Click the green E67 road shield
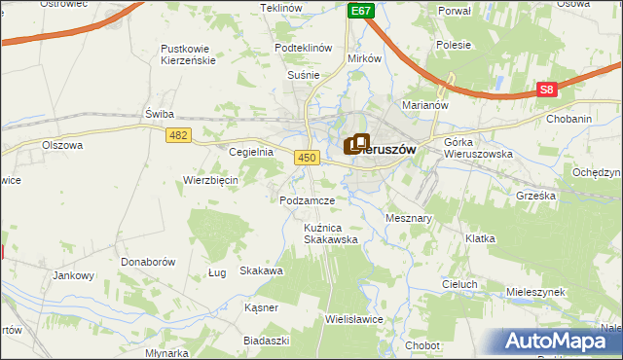tap(361, 10)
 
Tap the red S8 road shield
tap(547, 90)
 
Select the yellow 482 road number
tap(177, 136)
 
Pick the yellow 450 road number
tap(308, 157)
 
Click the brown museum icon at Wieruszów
tap(357, 145)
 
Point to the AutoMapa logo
tap(562, 342)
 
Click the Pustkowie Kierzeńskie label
tap(189, 54)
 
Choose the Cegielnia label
tap(250, 153)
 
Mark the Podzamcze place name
tap(307, 200)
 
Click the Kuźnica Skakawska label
tap(330, 233)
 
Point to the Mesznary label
tap(409, 219)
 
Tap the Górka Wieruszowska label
tap(477, 148)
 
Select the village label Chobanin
tap(568, 120)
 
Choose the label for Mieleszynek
tap(536, 292)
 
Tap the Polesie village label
tap(454, 45)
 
